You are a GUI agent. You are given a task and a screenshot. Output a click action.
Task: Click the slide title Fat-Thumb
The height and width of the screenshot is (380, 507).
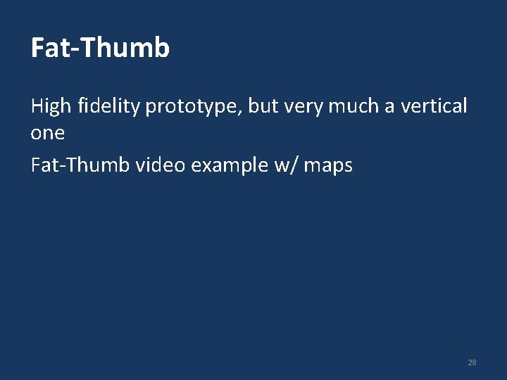100,48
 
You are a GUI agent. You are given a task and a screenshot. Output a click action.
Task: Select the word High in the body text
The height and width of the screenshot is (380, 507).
51,107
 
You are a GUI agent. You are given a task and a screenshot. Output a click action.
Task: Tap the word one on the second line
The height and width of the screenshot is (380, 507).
47,134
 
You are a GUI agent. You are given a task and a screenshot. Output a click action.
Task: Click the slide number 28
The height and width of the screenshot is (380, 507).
472,362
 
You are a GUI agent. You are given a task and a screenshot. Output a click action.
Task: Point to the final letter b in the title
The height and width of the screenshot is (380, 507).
161,48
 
